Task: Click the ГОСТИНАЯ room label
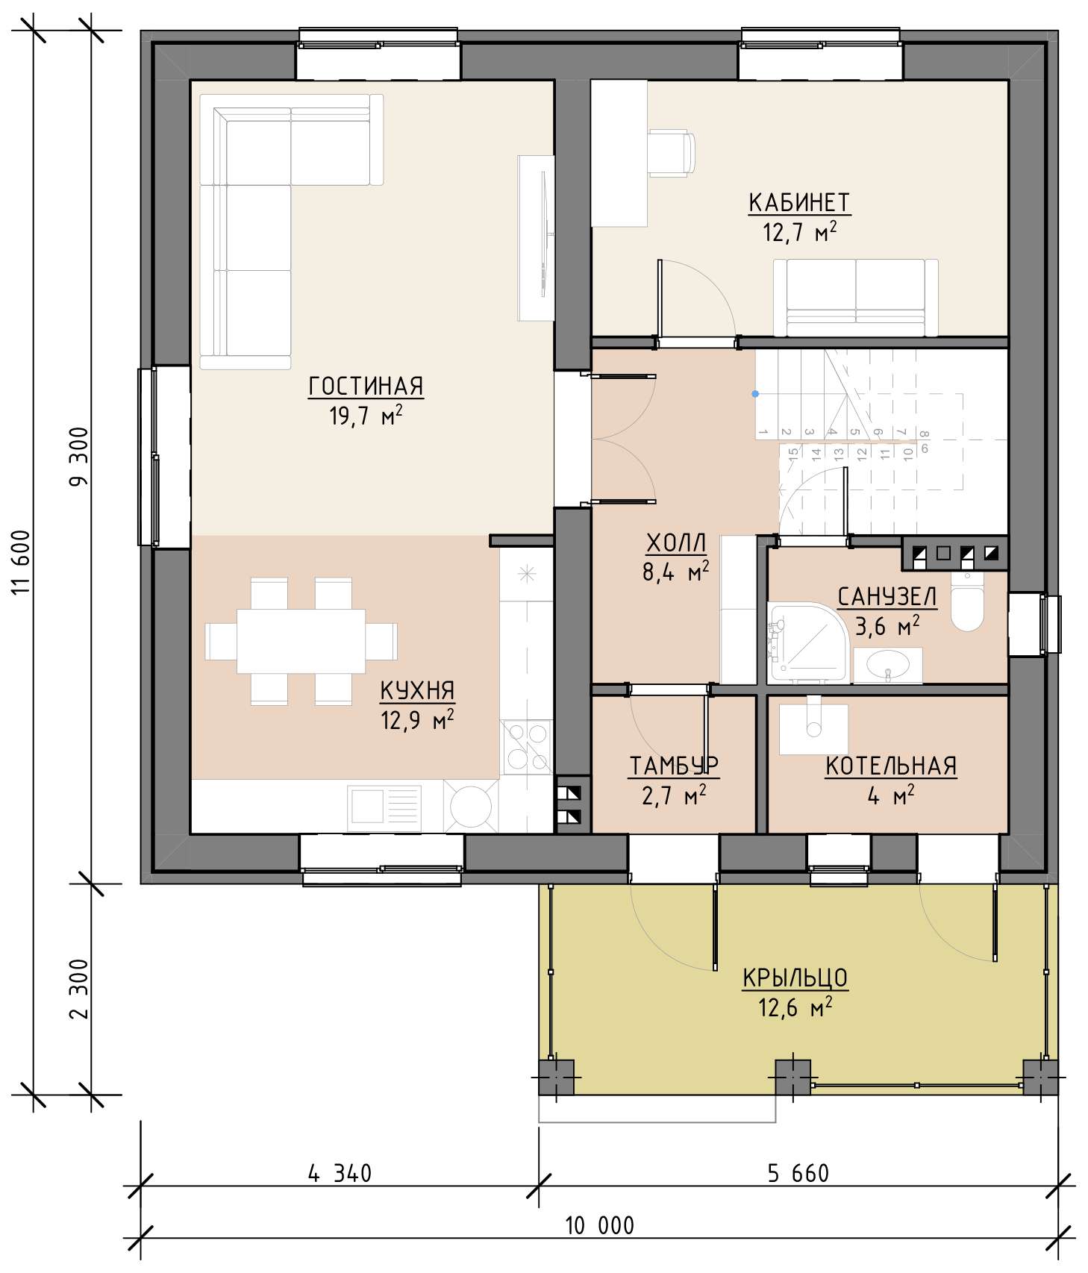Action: point(366,386)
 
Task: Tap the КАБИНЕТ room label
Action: point(799,202)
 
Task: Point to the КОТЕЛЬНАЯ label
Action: point(891,766)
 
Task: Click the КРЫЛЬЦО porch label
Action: point(795,978)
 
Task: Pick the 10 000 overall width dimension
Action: point(599,1225)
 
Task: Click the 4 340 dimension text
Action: point(340,1174)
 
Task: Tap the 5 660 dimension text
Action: point(798,1174)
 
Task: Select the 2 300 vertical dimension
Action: point(78,988)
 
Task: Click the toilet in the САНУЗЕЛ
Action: point(967,601)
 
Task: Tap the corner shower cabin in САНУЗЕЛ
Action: point(807,643)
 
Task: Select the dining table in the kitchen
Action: point(301,641)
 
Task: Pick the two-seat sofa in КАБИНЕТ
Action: point(856,298)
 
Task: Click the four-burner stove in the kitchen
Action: point(526,747)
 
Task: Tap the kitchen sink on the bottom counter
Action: point(384,807)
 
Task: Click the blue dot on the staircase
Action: point(755,393)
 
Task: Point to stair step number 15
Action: point(794,451)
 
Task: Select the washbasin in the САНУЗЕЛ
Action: point(888,664)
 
